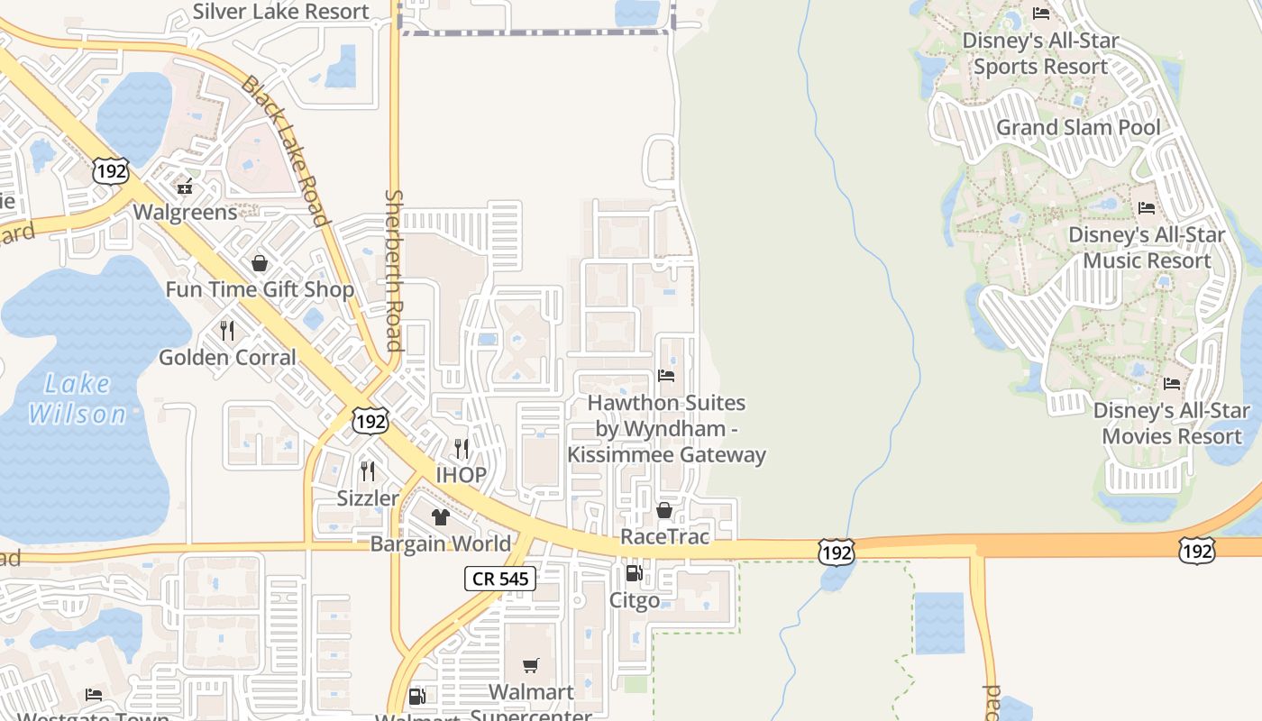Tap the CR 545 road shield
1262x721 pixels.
[x=500, y=579]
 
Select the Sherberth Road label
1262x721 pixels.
[x=393, y=269]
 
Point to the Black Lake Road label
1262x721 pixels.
[x=285, y=150]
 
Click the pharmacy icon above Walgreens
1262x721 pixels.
[x=185, y=187]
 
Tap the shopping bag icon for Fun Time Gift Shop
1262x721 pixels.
[x=260, y=263]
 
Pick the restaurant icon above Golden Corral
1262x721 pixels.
[x=227, y=331]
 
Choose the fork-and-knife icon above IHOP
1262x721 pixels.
[x=462, y=448]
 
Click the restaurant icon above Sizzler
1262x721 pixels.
[x=368, y=470]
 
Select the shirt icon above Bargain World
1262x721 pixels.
[x=440, y=516]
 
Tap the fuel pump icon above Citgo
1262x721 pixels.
[x=634, y=573]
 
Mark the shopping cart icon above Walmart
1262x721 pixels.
[x=531, y=665]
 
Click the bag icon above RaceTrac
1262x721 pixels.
[x=664, y=510]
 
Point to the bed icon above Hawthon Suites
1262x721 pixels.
[x=666, y=375]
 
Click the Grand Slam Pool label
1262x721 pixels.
[x=1078, y=127]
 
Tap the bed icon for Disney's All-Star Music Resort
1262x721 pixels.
[x=1147, y=208]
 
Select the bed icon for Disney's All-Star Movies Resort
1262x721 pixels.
[x=1172, y=384]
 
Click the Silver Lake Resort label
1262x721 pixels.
[x=280, y=12]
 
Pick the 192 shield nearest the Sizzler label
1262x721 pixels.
[x=370, y=421]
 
